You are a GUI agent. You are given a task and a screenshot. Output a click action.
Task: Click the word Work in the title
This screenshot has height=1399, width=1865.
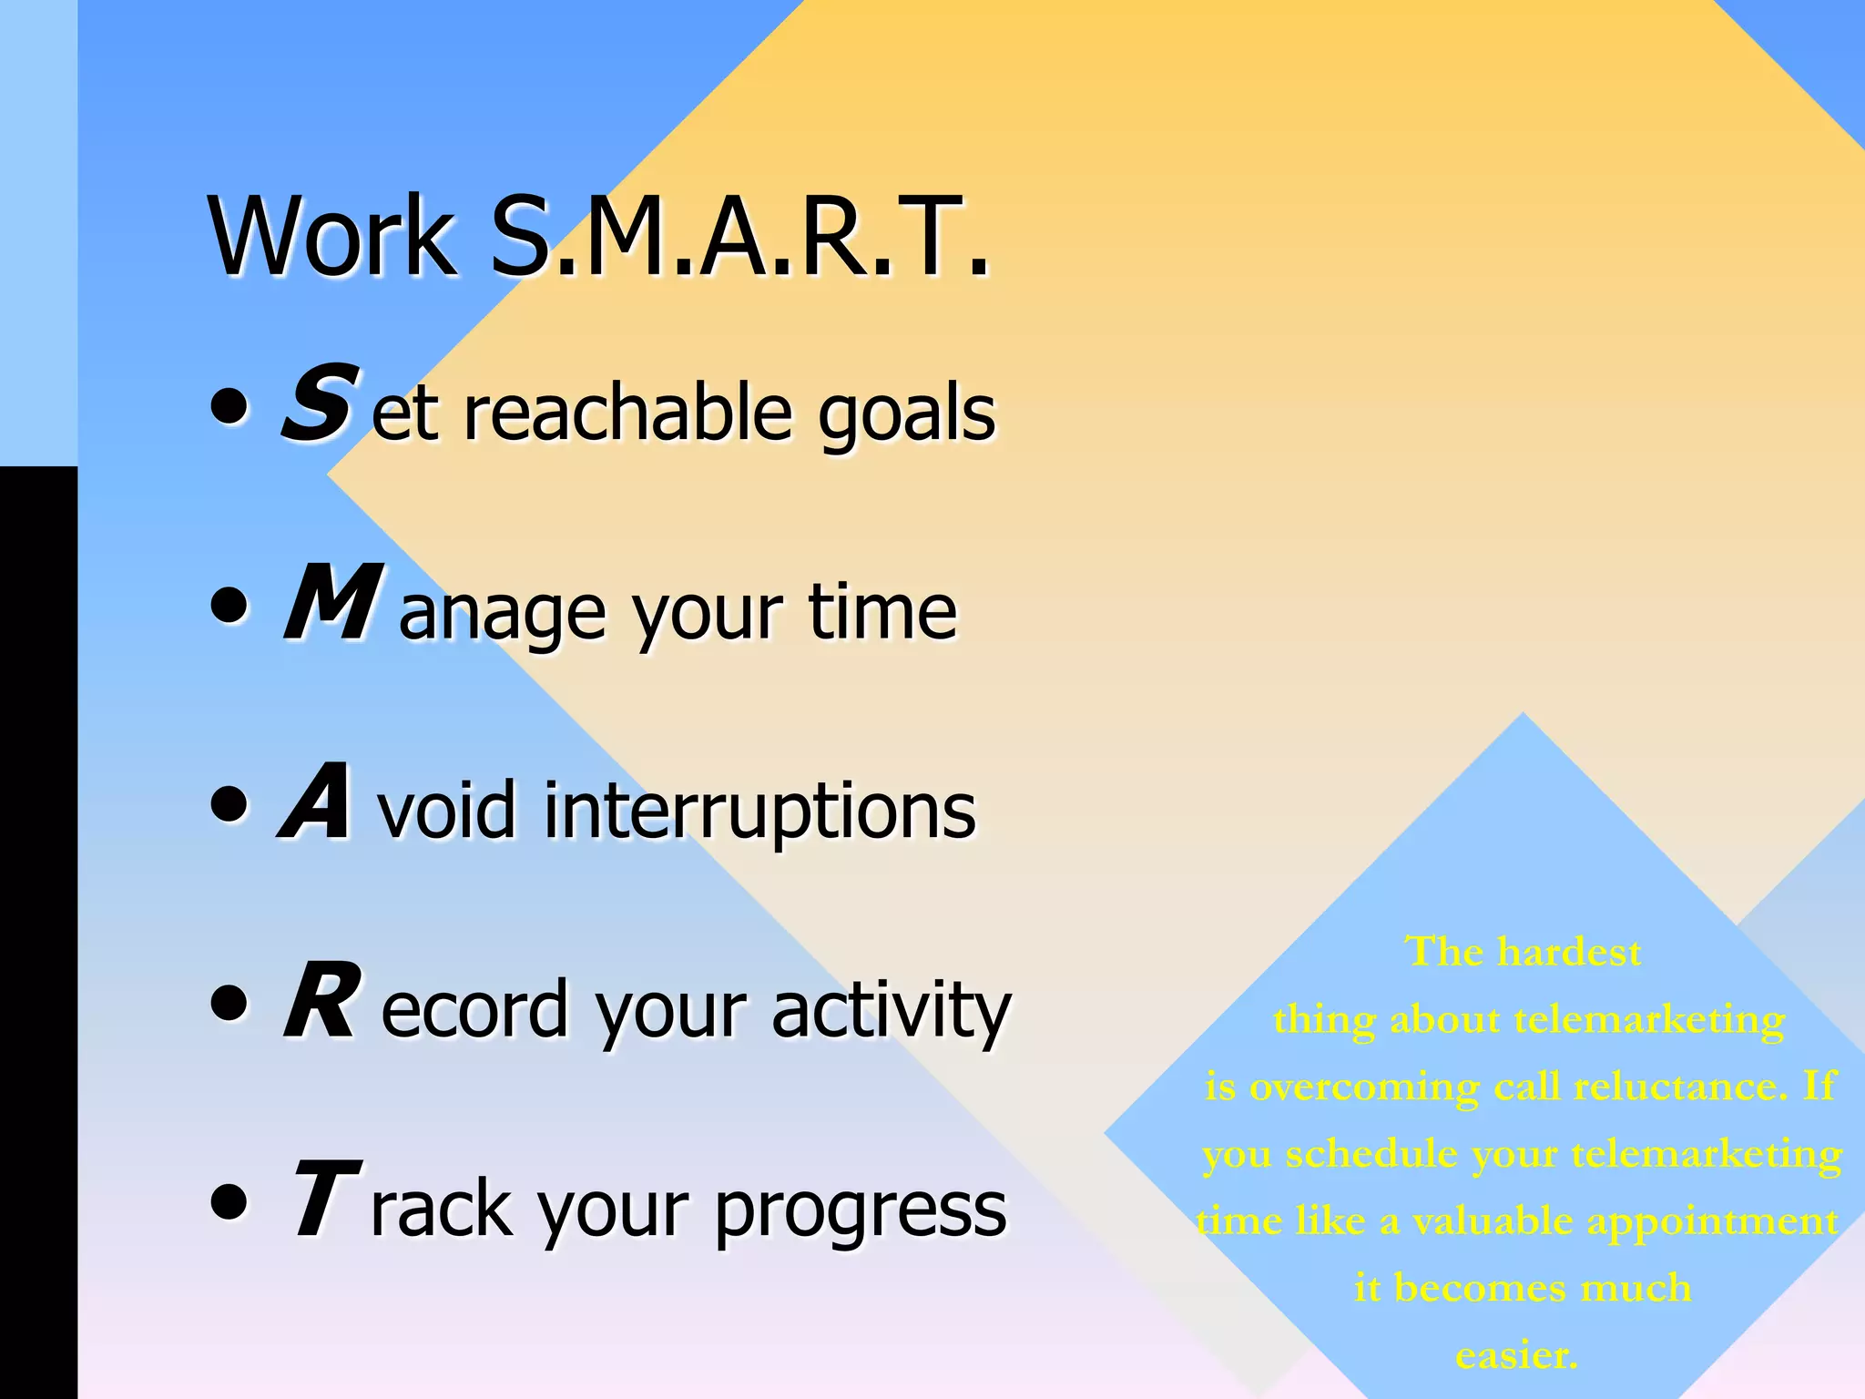pos(332,237)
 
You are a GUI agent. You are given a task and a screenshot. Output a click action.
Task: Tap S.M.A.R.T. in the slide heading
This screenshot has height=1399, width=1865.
pos(739,237)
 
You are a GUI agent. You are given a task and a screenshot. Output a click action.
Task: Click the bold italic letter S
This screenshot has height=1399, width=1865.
pos(318,403)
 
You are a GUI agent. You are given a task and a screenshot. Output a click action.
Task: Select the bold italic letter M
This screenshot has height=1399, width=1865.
pos(331,603)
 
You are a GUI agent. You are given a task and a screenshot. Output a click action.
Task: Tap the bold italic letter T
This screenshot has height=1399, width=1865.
pos(324,1200)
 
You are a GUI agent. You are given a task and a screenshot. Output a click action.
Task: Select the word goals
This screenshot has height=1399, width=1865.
pos(906,414)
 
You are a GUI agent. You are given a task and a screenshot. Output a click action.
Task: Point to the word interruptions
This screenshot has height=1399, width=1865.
pos(759,811)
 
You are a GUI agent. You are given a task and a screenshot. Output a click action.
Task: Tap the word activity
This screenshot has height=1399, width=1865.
pos(892,1009)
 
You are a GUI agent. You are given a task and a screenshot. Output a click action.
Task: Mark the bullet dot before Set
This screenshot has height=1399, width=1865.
pos(229,405)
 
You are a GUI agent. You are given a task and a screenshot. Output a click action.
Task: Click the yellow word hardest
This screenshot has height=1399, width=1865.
pos(1569,953)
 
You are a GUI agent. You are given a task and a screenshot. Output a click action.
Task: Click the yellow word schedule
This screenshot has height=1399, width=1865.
pos(1371,1155)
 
